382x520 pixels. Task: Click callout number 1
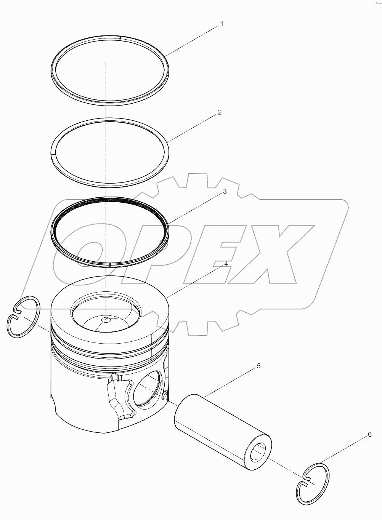(221, 24)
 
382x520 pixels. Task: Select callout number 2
(220, 112)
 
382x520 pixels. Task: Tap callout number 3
(225, 192)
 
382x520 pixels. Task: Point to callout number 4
(226, 264)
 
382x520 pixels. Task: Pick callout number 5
(258, 366)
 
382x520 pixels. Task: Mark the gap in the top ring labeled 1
(120, 38)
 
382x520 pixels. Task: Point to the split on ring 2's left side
(52, 154)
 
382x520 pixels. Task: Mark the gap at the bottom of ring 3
(110, 265)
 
